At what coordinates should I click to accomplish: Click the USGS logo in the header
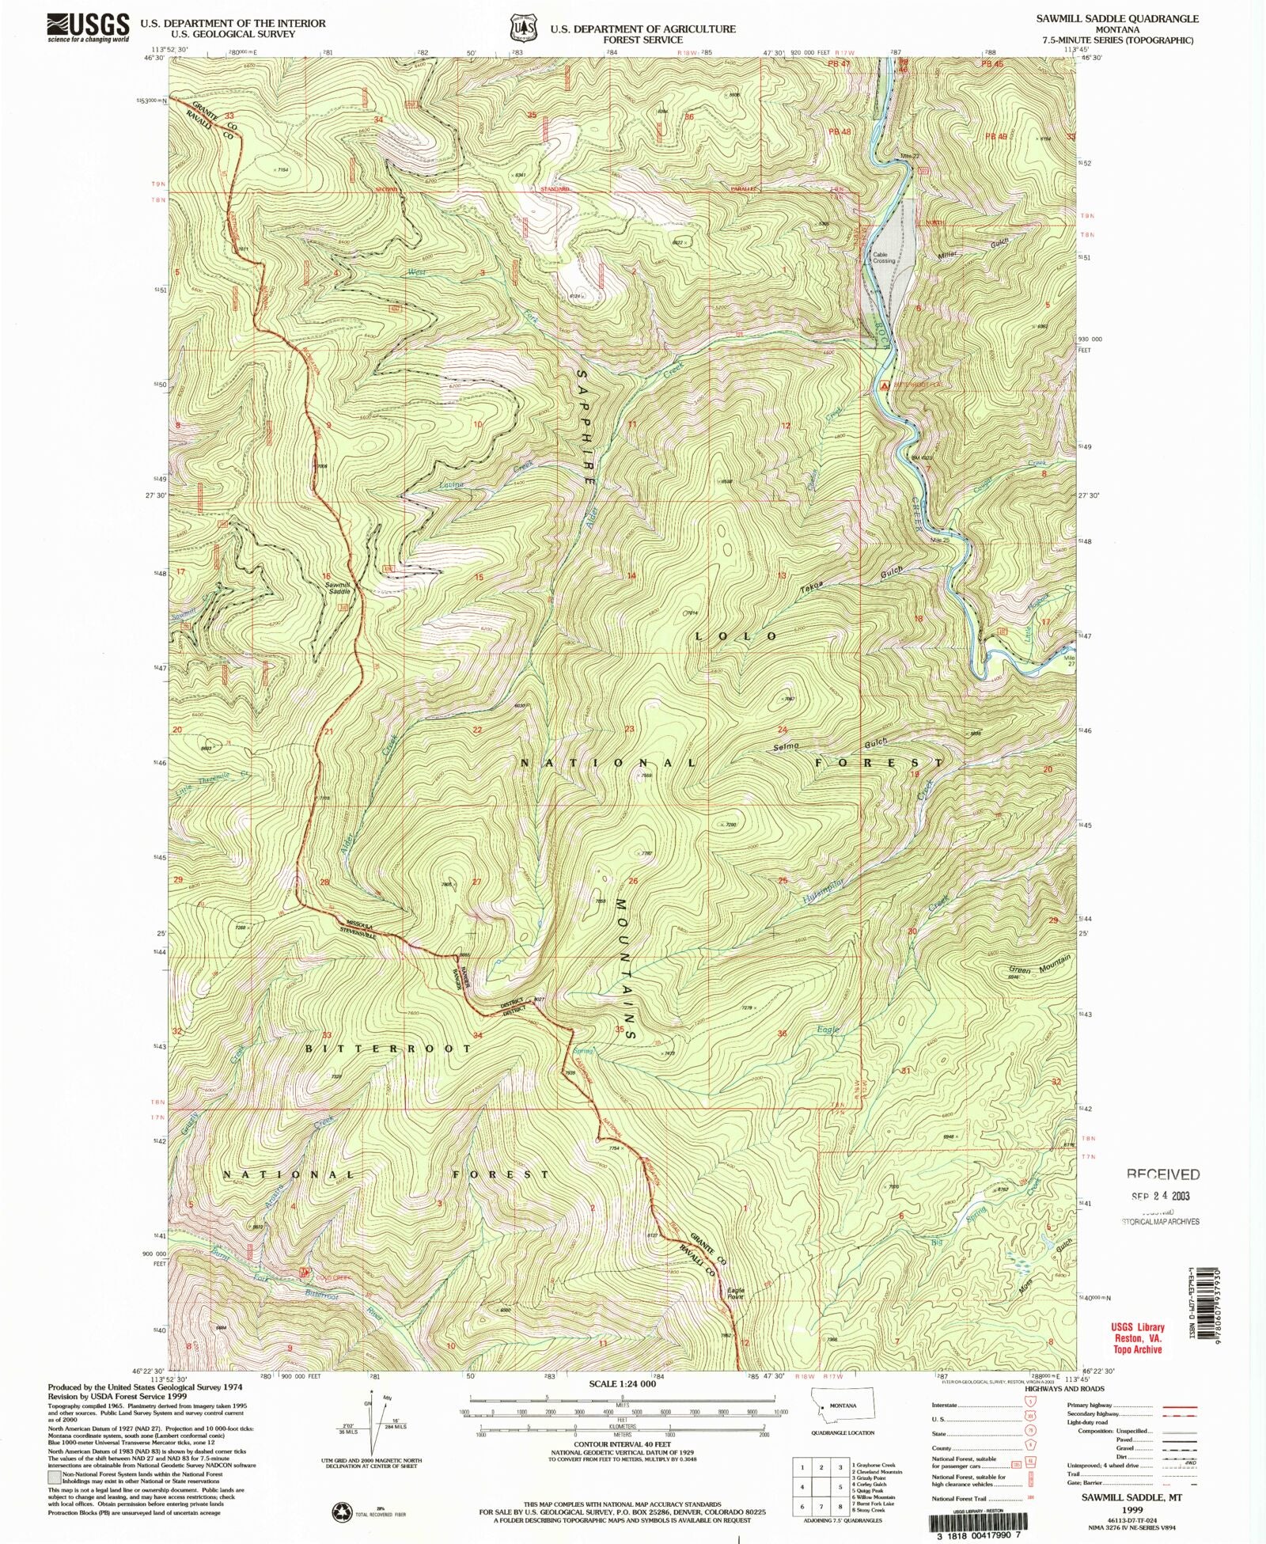88,28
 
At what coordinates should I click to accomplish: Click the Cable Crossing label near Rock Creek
884,257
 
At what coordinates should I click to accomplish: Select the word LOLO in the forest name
736,636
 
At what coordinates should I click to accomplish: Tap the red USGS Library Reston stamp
1137,1338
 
